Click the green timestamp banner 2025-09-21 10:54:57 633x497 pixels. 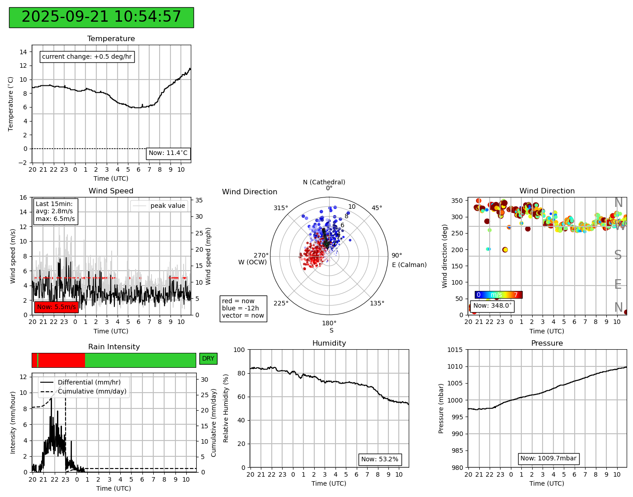(101, 17)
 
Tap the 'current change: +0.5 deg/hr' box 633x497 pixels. (87, 57)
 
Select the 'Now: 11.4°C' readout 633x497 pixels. (168, 153)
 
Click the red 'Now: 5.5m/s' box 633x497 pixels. (57, 307)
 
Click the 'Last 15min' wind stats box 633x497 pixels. (56, 211)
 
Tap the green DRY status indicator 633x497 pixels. (208, 359)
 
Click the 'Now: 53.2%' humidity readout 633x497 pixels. (380, 459)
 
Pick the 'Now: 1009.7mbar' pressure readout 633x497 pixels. (548, 459)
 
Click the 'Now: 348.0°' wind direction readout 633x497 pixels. (492, 306)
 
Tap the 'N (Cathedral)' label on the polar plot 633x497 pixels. (324, 183)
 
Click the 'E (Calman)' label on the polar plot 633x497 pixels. (409, 265)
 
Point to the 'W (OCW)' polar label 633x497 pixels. (253, 262)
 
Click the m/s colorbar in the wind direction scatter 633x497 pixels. (498, 295)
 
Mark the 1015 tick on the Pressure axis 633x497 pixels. (455, 350)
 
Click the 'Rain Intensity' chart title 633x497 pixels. (114, 347)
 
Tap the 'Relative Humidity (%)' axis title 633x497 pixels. (226, 408)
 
